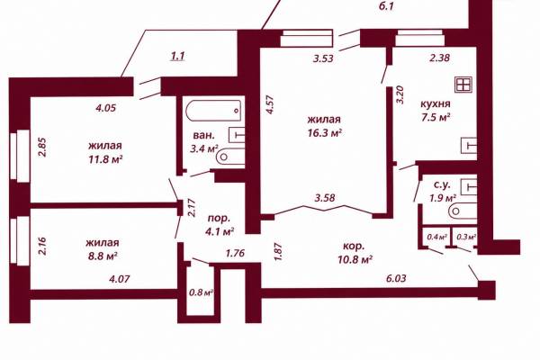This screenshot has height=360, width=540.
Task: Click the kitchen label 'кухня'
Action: point(436,104)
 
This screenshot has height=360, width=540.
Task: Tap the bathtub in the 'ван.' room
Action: point(213,111)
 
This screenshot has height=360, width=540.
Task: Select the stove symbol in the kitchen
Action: point(463,85)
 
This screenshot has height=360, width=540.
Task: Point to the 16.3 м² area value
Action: point(325,133)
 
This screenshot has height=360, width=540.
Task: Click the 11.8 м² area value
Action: point(105,159)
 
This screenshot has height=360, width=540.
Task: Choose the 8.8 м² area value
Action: point(102,256)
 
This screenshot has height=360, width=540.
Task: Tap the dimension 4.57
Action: point(270,104)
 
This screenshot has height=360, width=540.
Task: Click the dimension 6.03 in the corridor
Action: point(396,278)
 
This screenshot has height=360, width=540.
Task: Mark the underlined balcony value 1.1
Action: point(177,56)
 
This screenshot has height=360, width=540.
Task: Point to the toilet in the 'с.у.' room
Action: point(463,211)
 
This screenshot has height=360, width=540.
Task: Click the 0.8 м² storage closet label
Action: point(201,292)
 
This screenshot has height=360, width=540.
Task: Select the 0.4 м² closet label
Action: point(436,237)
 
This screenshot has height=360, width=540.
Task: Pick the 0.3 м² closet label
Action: point(466,237)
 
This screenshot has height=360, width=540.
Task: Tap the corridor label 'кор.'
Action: point(354,247)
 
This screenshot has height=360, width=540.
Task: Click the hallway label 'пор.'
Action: point(219,219)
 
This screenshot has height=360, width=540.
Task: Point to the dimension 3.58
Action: point(325,198)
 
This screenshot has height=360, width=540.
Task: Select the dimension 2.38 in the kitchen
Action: point(439,58)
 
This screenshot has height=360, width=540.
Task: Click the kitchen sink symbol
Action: point(469,145)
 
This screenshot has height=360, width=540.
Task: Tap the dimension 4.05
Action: point(105,108)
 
